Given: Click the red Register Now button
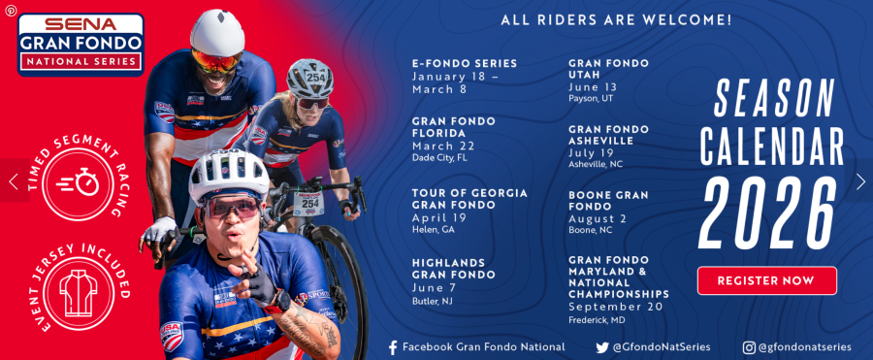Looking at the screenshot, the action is (x=766, y=280).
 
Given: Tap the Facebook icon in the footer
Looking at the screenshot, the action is (x=393, y=347).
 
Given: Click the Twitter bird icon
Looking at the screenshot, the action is (x=601, y=347).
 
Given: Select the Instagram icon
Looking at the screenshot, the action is (x=749, y=347).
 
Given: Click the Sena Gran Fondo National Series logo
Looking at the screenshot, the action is (x=81, y=44).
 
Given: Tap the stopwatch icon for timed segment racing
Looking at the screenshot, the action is (x=78, y=182).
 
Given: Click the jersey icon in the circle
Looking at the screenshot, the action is (x=79, y=293).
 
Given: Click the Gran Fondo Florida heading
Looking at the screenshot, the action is (x=454, y=127).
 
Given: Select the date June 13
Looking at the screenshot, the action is (x=593, y=87).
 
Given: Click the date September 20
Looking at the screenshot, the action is (x=616, y=307).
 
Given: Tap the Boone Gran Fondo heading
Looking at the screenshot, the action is (x=608, y=201).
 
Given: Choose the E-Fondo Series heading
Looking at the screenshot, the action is (x=465, y=63).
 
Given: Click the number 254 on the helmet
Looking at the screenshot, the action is (x=315, y=78).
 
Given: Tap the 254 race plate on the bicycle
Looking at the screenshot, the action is (x=309, y=202).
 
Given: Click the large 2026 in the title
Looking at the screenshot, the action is (x=768, y=213).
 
